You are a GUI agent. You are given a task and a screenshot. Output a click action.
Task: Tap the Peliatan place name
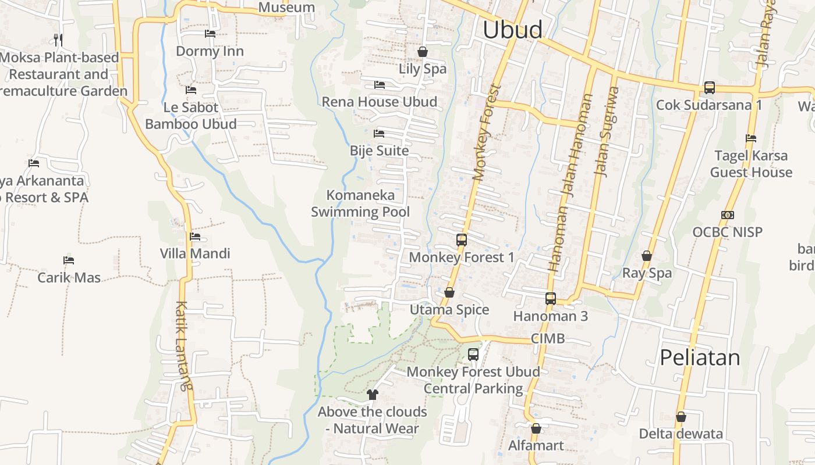[x=700, y=357]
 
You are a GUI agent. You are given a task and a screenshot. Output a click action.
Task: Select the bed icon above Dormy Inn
[x=210, y=34]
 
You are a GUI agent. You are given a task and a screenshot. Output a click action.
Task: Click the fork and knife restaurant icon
[x=58, y=40]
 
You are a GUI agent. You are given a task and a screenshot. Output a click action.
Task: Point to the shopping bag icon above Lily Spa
[x=423, y=52]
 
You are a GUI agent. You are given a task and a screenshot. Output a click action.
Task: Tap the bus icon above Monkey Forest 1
[x=462, y=239]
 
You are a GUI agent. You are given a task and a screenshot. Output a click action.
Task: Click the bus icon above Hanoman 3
[x=551, y=299]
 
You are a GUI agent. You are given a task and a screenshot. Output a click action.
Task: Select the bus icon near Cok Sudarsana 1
[x=709, y=88]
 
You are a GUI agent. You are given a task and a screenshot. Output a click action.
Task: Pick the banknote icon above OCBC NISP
[x=727, y=215]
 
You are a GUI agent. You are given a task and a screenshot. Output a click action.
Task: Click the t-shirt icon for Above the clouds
[x=373, y=395]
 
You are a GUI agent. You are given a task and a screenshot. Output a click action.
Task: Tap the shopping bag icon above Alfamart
[x=536, y=428]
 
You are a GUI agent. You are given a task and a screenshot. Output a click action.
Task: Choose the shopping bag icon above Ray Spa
[x=646, y=256]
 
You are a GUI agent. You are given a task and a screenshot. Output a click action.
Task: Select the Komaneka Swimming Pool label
[x=360, y=203]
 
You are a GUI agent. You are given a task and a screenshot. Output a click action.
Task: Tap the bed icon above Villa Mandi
[x=195, y=237]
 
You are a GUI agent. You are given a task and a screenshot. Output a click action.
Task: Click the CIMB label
[x=548, y=338]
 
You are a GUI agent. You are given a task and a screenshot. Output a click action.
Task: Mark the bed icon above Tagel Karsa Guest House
[x=751, y=138]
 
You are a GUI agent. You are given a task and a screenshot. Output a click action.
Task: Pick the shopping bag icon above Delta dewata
[x=681, y=417]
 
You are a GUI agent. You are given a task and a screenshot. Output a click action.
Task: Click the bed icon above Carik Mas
[x=69, y=260]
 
